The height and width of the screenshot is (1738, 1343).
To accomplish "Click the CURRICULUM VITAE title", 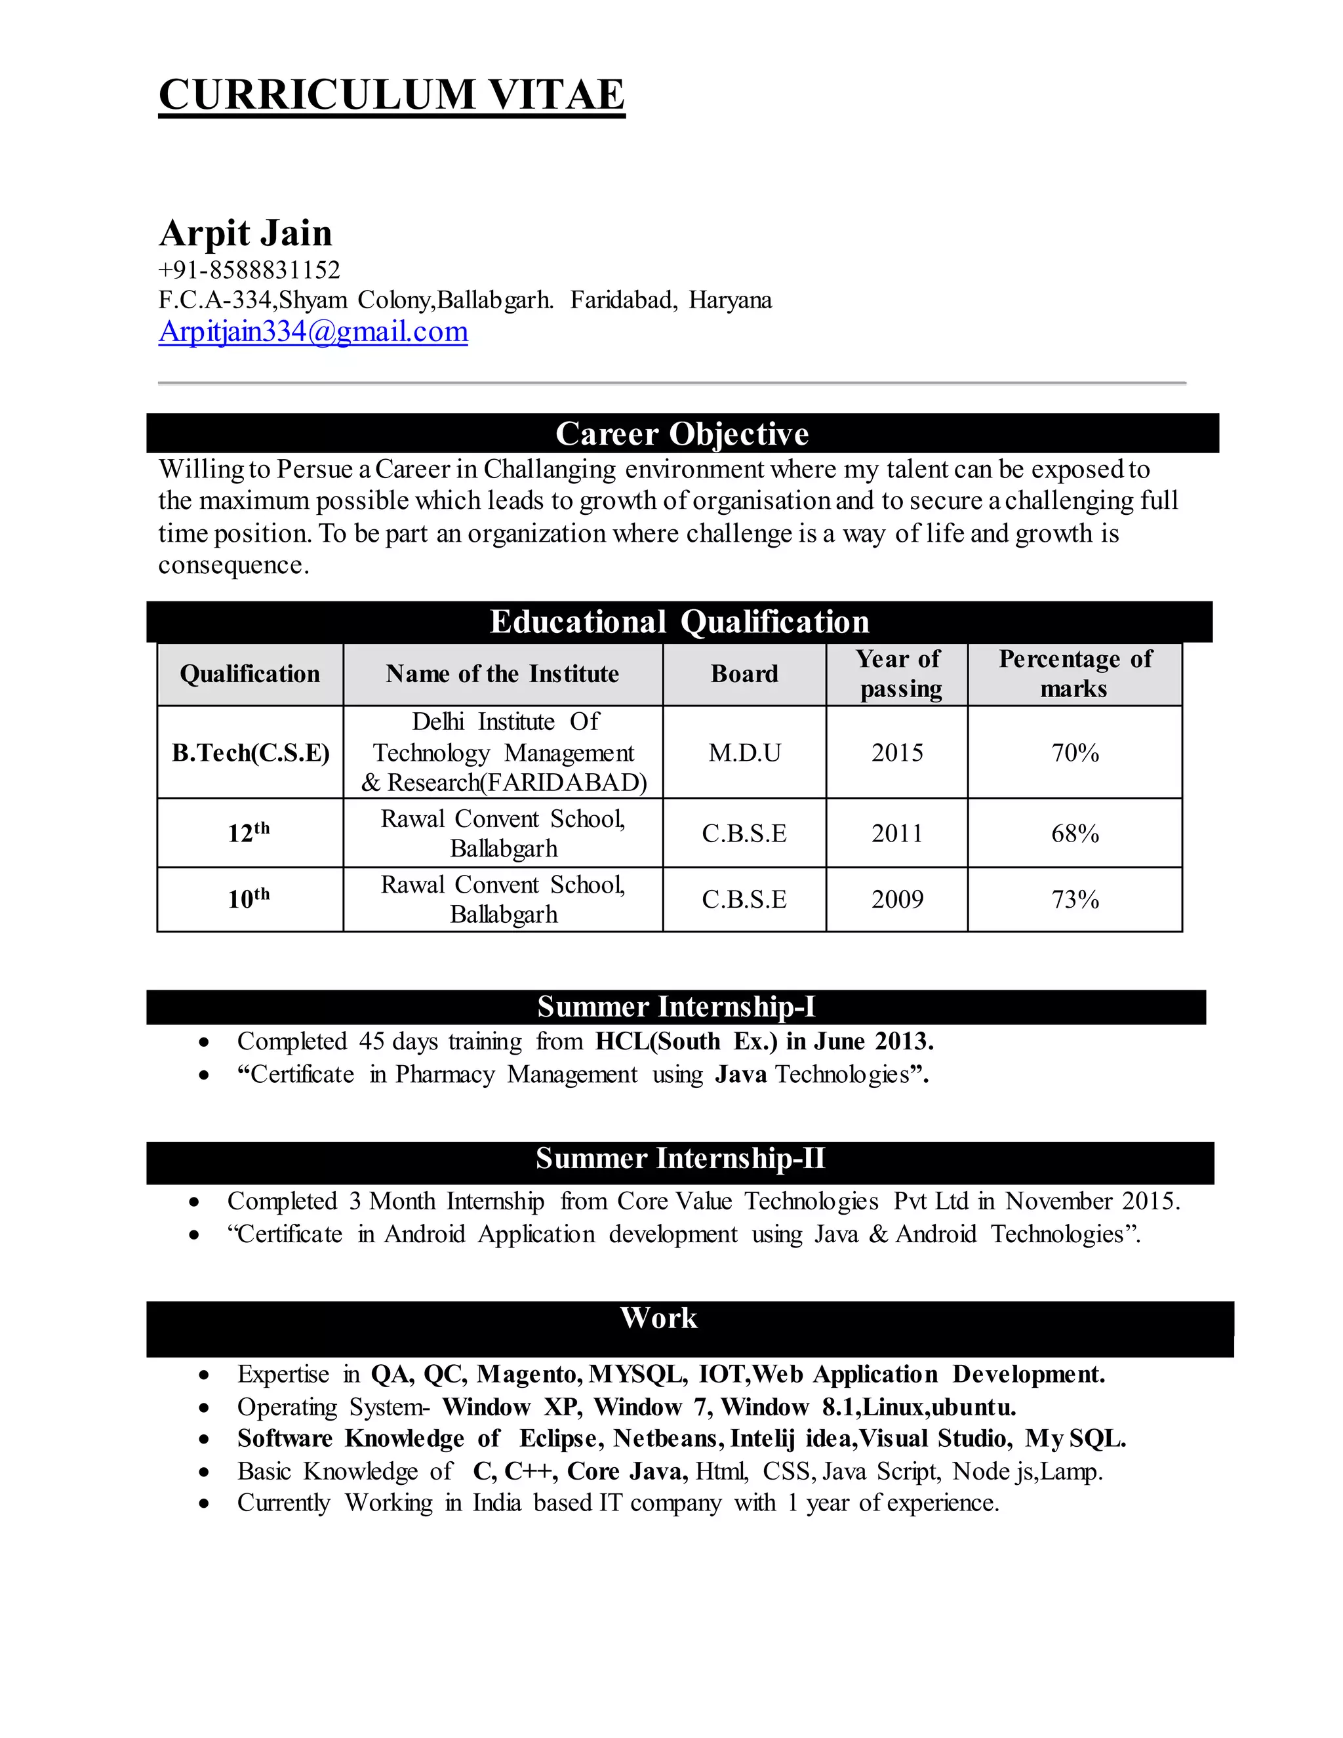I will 391,94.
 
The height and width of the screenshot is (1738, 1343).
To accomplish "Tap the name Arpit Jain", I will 245,233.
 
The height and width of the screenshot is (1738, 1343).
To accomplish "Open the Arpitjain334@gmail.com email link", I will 313,331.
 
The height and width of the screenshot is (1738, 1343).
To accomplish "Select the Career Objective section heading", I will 682,434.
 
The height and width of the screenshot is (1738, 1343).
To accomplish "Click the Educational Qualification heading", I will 679,622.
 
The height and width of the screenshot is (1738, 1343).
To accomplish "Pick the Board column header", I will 744,674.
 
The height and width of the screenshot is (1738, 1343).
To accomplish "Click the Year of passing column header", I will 898,674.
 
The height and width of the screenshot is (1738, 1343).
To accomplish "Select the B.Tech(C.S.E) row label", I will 251,752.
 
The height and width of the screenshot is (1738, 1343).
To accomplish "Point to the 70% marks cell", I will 1075,753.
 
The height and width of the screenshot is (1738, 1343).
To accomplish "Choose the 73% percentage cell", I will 1075,900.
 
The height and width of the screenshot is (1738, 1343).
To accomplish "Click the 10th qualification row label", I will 249,899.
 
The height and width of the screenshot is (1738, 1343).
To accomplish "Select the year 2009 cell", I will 896,900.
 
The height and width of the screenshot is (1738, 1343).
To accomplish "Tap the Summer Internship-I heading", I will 676,1007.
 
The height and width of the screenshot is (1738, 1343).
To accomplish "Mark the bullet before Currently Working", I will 205,1503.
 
